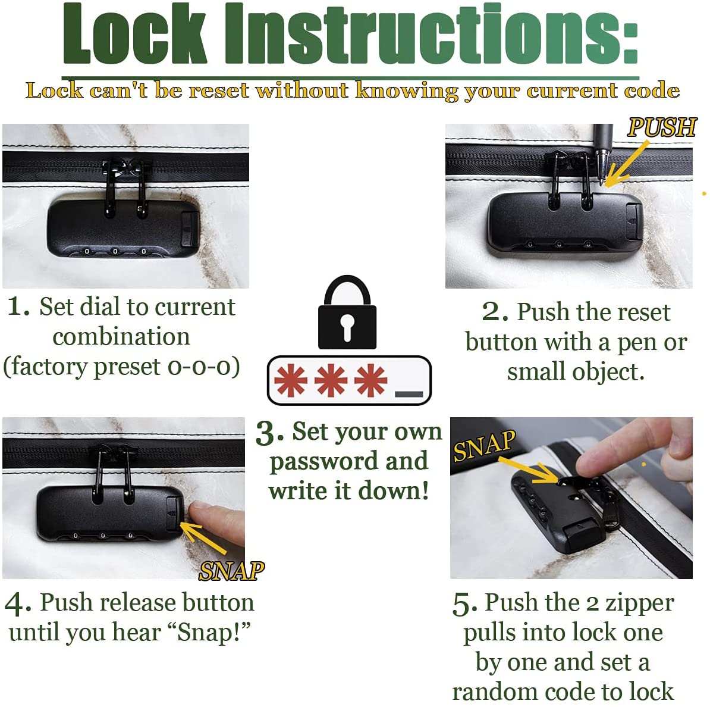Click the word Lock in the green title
coord(134,34)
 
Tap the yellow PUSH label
coord(662,127)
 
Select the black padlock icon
coord(347,312)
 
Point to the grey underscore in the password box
coord(409,395)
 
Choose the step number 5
coord(464,604)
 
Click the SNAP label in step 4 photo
coord(232,571)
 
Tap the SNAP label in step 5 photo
coord(484,446)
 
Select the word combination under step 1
coord(121,337)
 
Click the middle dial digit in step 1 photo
coord(115,251)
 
